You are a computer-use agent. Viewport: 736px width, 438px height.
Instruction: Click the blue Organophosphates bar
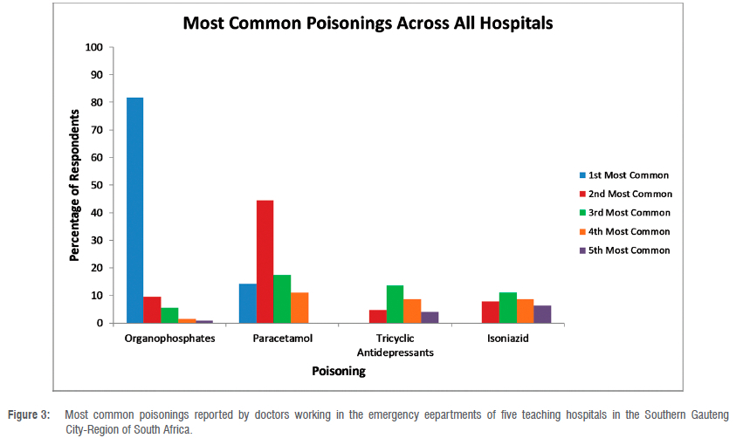click(134, 210)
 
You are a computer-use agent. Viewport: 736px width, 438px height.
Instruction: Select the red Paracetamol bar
click(265, 262)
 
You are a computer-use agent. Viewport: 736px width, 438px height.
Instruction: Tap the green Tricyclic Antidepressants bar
click(395, 305)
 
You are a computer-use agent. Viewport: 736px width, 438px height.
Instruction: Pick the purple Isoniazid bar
click(542, 314)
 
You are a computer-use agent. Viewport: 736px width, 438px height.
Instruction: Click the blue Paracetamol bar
click(247, 304)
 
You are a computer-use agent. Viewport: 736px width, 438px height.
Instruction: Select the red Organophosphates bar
click(152, 310)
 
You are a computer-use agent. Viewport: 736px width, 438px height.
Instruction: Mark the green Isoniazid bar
click(507, 308)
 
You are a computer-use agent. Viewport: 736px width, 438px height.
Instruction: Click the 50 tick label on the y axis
click(95, 185)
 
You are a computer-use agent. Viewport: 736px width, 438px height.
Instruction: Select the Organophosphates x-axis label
click(169, 338)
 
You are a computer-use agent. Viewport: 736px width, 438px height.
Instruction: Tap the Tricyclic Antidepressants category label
click(395, 345)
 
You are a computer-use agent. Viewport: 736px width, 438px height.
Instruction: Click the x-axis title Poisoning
click(339, 371)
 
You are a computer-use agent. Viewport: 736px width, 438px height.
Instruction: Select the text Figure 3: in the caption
click(30, 414)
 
